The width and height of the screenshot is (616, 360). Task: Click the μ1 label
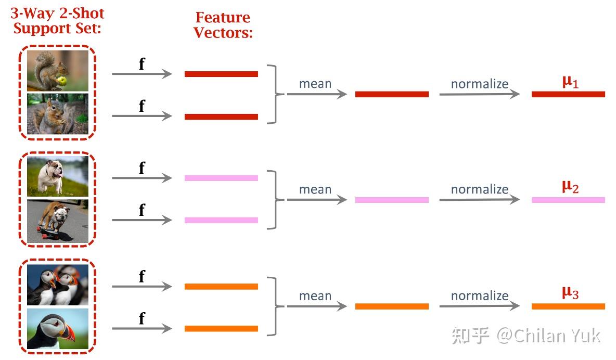tap(570, 82)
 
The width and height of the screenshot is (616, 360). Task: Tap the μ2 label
tap(570, 187)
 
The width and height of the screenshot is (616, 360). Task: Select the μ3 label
tap(570, 293)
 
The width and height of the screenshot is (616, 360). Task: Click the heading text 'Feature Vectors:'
tap(223, 25)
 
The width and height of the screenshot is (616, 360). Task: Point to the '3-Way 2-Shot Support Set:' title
tap(57, 21)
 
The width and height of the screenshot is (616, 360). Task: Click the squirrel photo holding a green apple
tap(58, 70)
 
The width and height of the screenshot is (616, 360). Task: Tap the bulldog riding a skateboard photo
tap(58, 220)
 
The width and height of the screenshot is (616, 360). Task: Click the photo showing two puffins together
tap(58, 285)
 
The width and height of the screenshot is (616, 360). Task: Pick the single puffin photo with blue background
tap(58, 329)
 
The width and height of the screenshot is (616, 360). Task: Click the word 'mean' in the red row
tap(315, 84)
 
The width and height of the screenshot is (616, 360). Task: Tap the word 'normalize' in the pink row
tap(479, 189)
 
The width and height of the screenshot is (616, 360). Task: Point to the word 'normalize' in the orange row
tap(479, 295)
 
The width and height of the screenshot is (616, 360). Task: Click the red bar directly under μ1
tap(568, 94)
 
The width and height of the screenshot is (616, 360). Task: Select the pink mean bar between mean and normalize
tap(392, 200)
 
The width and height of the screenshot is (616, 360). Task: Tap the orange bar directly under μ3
tap(568, 306)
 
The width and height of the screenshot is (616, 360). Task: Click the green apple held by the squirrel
tap(62, 81)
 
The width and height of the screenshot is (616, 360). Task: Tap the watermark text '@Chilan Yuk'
tap(549, 336)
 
